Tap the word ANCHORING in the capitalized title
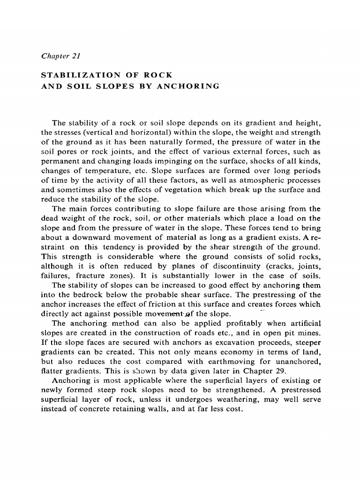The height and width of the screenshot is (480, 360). click(x=192, y=86)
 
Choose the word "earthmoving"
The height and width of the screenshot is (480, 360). click(x=242, y=360)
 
